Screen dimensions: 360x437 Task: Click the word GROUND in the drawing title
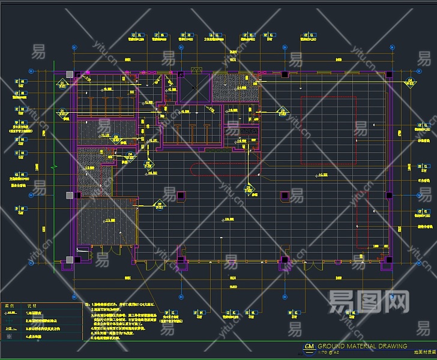[x=331, y=346]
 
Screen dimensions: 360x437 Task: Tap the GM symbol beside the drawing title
[x=309, y=347]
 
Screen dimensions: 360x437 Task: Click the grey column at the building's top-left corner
[x=70, y=74]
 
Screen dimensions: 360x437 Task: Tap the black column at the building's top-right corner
[x=389, y=74]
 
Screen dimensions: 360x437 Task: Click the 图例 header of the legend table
[x=10, y=305]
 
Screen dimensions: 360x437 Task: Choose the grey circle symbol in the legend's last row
[x=8, y=337]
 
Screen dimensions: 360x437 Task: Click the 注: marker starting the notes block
[x=87, y=305]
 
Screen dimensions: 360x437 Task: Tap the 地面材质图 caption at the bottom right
[x=424, y=354]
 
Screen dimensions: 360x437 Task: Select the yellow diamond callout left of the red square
[x=281, y=110]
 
